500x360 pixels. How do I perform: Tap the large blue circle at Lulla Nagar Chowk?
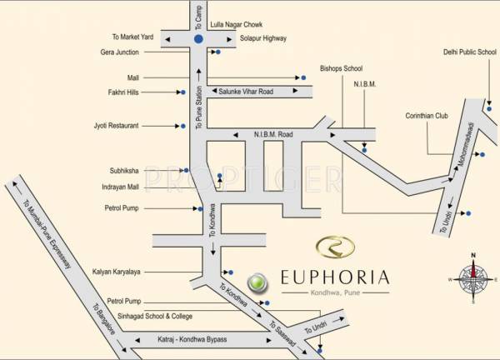(198, 39)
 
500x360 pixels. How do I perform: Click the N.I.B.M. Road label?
(274, 133)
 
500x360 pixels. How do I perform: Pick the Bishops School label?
(341, 68)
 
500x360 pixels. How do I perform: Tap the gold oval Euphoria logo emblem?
(335, 247)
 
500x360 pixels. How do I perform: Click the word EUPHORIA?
(334, 276)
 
